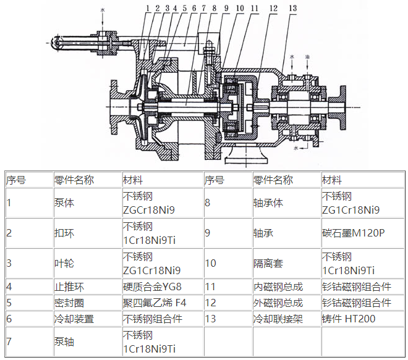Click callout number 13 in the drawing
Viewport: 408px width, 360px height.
pos(292,8)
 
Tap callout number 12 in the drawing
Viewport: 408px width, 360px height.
pos(273,8)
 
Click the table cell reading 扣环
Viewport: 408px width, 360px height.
pos(64,233)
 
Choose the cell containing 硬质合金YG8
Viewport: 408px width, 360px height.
pos(153,287)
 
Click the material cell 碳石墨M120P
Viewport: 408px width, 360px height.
pos(353,233)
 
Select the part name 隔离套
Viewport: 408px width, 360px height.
pos(268,263)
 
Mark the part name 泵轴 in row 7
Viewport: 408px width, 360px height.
pos(64,341)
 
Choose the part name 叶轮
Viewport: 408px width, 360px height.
pos(64,263)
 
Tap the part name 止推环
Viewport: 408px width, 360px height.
pos(69,287)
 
